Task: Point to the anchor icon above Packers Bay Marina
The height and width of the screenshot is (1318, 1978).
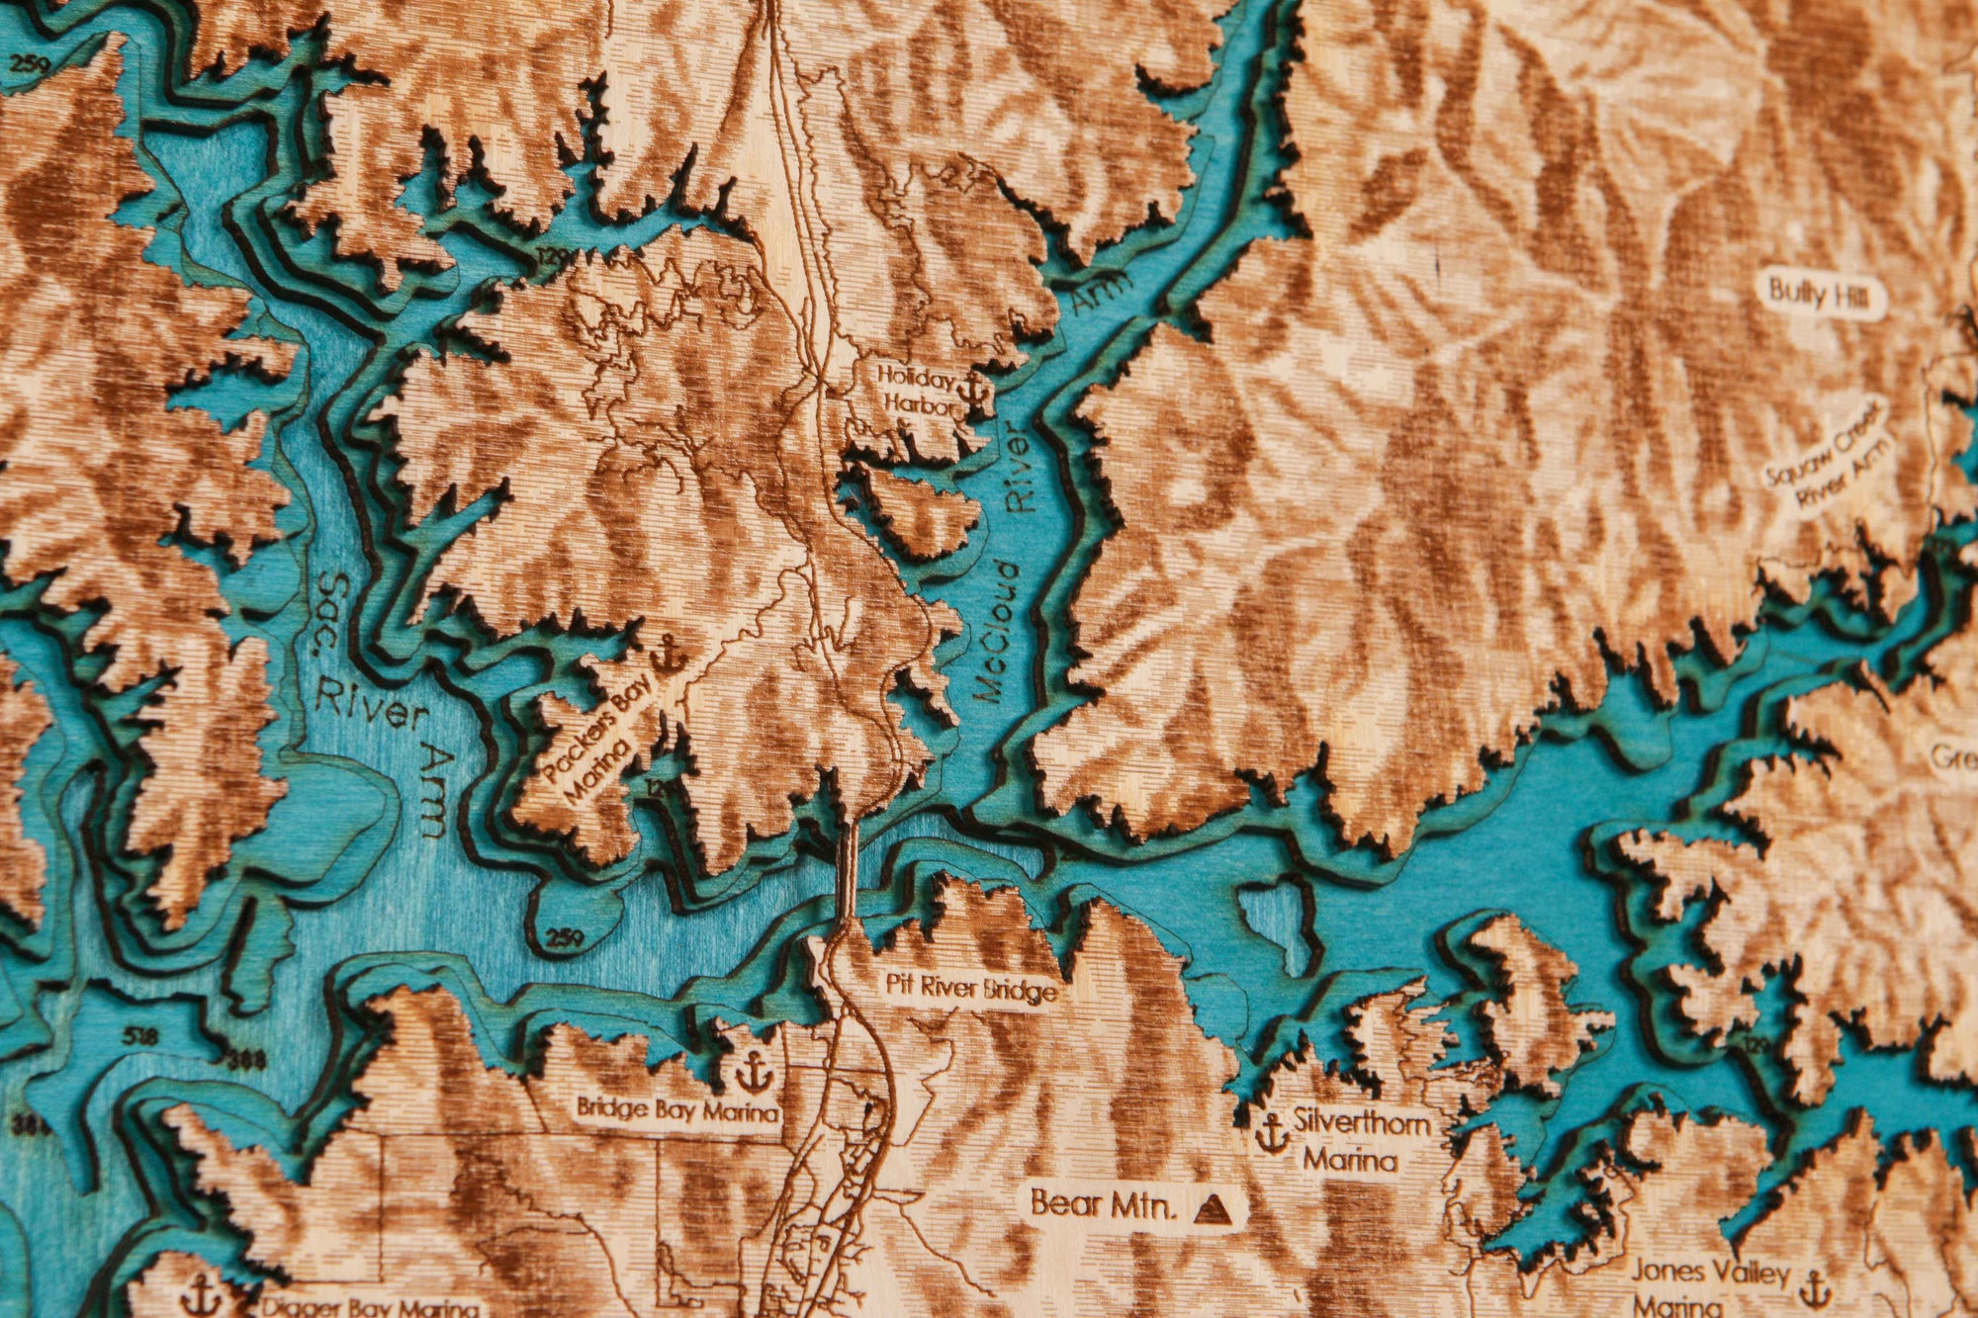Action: (670, 654)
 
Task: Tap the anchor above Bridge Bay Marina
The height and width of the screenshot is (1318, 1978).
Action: (753, 1070)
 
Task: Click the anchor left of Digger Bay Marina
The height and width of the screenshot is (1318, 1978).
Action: (202, 1292)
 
